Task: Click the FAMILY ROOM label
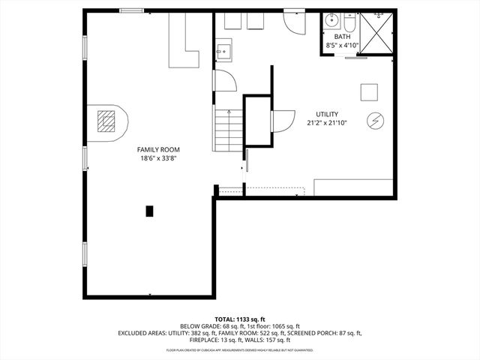157,149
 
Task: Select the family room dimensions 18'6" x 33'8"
157,158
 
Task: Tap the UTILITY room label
327,114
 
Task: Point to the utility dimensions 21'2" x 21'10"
327,123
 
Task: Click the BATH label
342,36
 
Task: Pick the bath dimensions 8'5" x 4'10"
342,45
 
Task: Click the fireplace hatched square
108,121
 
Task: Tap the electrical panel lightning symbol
374,120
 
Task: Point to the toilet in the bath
349,22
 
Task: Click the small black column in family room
150,211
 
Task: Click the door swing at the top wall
294,22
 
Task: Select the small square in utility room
368,91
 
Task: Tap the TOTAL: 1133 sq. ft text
240,318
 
